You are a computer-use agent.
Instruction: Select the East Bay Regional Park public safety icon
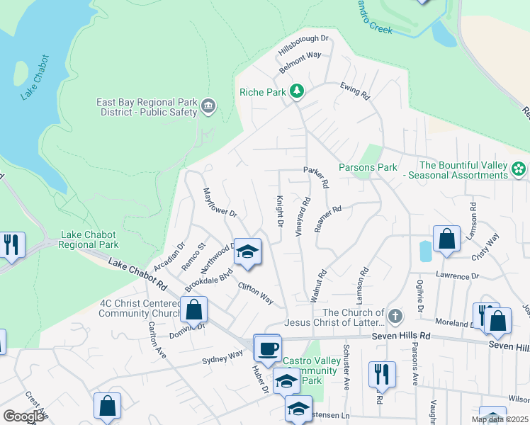208,107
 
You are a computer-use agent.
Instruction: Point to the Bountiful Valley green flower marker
519,169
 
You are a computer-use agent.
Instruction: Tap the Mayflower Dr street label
219,202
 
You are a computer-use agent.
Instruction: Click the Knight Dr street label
280,212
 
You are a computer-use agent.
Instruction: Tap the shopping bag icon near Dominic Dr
193,310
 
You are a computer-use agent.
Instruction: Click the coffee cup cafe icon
267,348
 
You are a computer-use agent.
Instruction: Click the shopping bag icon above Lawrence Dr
446,239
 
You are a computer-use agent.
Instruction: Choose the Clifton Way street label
256,293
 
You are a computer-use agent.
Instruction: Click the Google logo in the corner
23,416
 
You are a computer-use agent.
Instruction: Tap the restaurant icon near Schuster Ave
381,373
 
